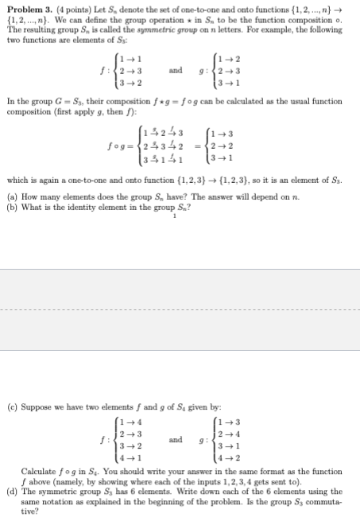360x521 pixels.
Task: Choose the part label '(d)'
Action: point(11,492)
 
